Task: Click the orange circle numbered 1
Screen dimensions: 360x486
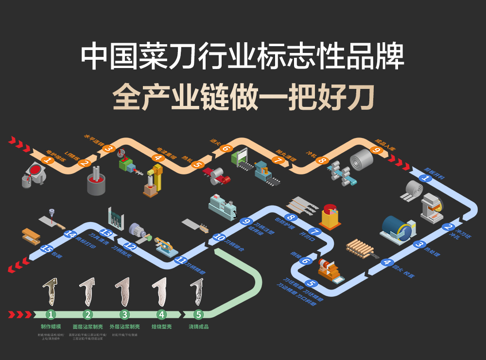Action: (47, 160)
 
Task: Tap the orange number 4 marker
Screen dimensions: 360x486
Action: (157, 157)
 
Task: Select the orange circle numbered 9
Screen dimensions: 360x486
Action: (376, 150)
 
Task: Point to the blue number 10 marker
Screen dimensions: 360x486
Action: (219, 238)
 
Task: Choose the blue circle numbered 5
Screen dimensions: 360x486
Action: (312, 283)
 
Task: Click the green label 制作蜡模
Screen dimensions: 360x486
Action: (51, 327)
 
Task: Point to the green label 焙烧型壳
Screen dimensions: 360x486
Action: (162, 327)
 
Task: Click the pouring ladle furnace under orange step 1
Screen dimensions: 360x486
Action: (33, 176)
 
